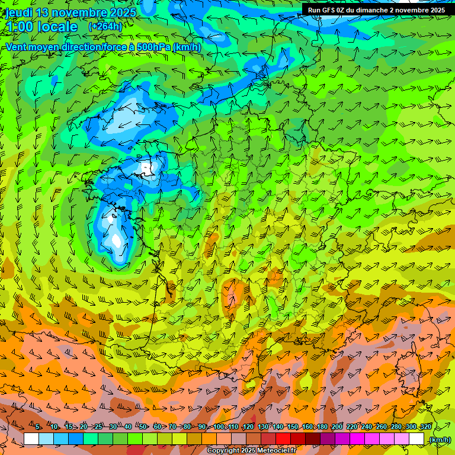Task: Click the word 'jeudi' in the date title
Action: (19, 12)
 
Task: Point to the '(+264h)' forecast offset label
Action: (105, 27)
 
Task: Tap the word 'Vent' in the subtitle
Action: (18, 47)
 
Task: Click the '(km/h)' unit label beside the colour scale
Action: (439, 440)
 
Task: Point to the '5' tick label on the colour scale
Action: (38, 427)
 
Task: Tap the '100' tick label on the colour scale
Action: (219, 427)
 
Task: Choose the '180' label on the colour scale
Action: (322, 427)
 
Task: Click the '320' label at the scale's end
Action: (426, 427)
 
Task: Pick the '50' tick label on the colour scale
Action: (143, 427)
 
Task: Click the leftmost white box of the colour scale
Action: (31, 439)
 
